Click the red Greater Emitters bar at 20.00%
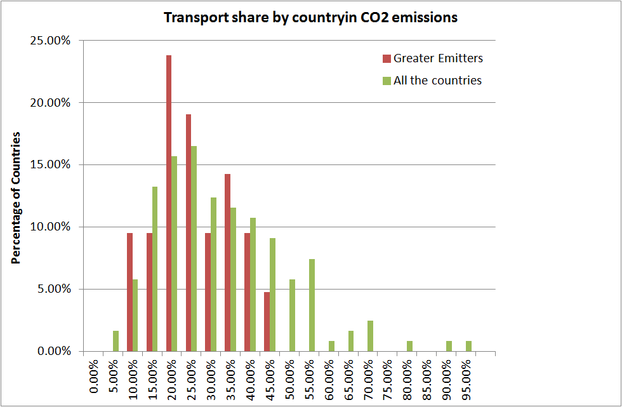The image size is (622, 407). pyautogui.click(x=169, y=203)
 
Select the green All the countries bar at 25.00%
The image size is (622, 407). pyautogui.click(x=194, y=248)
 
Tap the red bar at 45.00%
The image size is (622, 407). pyautogui.click(x=267, y=321)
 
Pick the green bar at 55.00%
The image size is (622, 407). pyautogui.click(x=312, y=305)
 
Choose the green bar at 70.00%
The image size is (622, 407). pyautogui.click(x=370, y=336)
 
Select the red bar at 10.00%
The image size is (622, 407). pyautogui.click(x=129, y=292)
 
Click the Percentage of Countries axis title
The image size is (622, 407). pyautogui.click(x=17, y=197)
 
